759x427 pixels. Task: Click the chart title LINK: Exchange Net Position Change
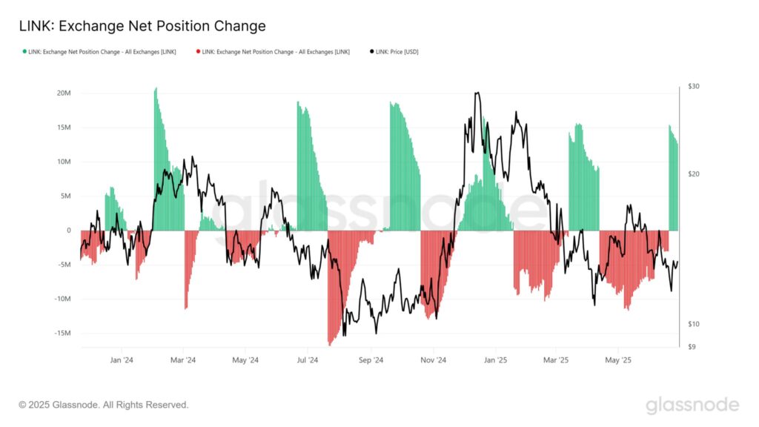pyautogui.click(x=142, y=27)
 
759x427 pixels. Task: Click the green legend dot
pyautogui.click(x=24, y=52)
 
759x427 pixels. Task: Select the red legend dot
pyautogui.click(x=198, y=52)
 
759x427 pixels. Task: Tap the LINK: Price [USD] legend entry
pyautogui.click(x=397, y=52)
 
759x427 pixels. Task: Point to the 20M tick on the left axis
pyautogui.click(x=63, y=93)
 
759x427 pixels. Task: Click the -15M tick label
pyautogui.click(x=62, y=333)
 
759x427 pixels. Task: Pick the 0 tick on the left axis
pyautogui.click(x=69, y=231)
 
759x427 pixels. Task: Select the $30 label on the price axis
pyautogui.click(x=694, y=87)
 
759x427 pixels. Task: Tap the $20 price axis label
pyautogui.click(x=694, y=174)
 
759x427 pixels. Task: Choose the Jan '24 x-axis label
pyautogui.click(x=122, y=361)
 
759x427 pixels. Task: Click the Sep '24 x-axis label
pyautogui.click(x=371, y=361)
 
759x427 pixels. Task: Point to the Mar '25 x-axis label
pyautogui.click(x=556, y=361)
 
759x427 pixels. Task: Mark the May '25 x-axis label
pyautogui.click(x=618, y=361)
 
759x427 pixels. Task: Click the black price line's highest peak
pyautogui.click(x=477, y=93)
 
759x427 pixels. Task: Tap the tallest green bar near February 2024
pyautogui.click(x=156, y=89)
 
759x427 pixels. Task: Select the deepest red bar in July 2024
pyautogui.click(x=330, y=344)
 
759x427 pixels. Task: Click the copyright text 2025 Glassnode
pyautogui.click(x=104, y=405)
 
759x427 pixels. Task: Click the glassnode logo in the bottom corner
pyautogui.click(x=692, y=405)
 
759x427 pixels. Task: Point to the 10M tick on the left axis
pyautogui.click(x=63, y=162)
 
